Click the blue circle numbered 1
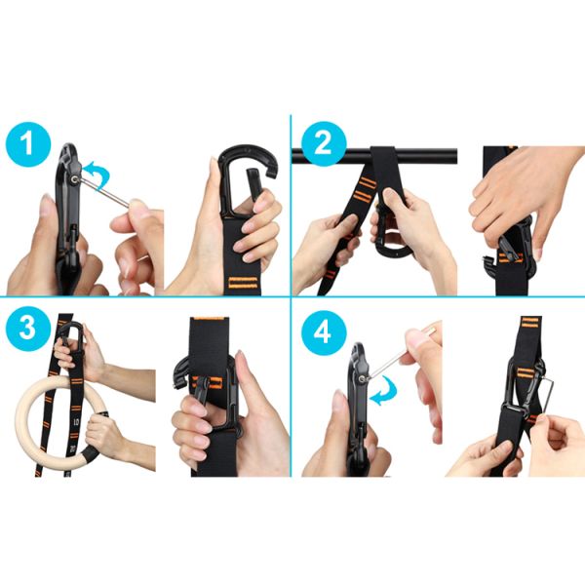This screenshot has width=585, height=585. [28, 144]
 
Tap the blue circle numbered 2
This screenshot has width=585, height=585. [324, 143]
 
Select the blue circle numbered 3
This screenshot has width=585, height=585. [28, 329]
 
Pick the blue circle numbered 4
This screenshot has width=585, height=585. [324, 332]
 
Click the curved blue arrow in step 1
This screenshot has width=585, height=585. [97, 175]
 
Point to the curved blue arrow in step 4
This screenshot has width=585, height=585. [384, 391]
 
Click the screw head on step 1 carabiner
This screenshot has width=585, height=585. [75, 179]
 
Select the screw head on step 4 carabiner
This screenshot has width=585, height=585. [362, 379]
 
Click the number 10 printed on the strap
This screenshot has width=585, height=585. [76, 422]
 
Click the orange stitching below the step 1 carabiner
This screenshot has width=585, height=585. [243, 283]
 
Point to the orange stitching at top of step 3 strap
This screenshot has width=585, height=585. [209, 319]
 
